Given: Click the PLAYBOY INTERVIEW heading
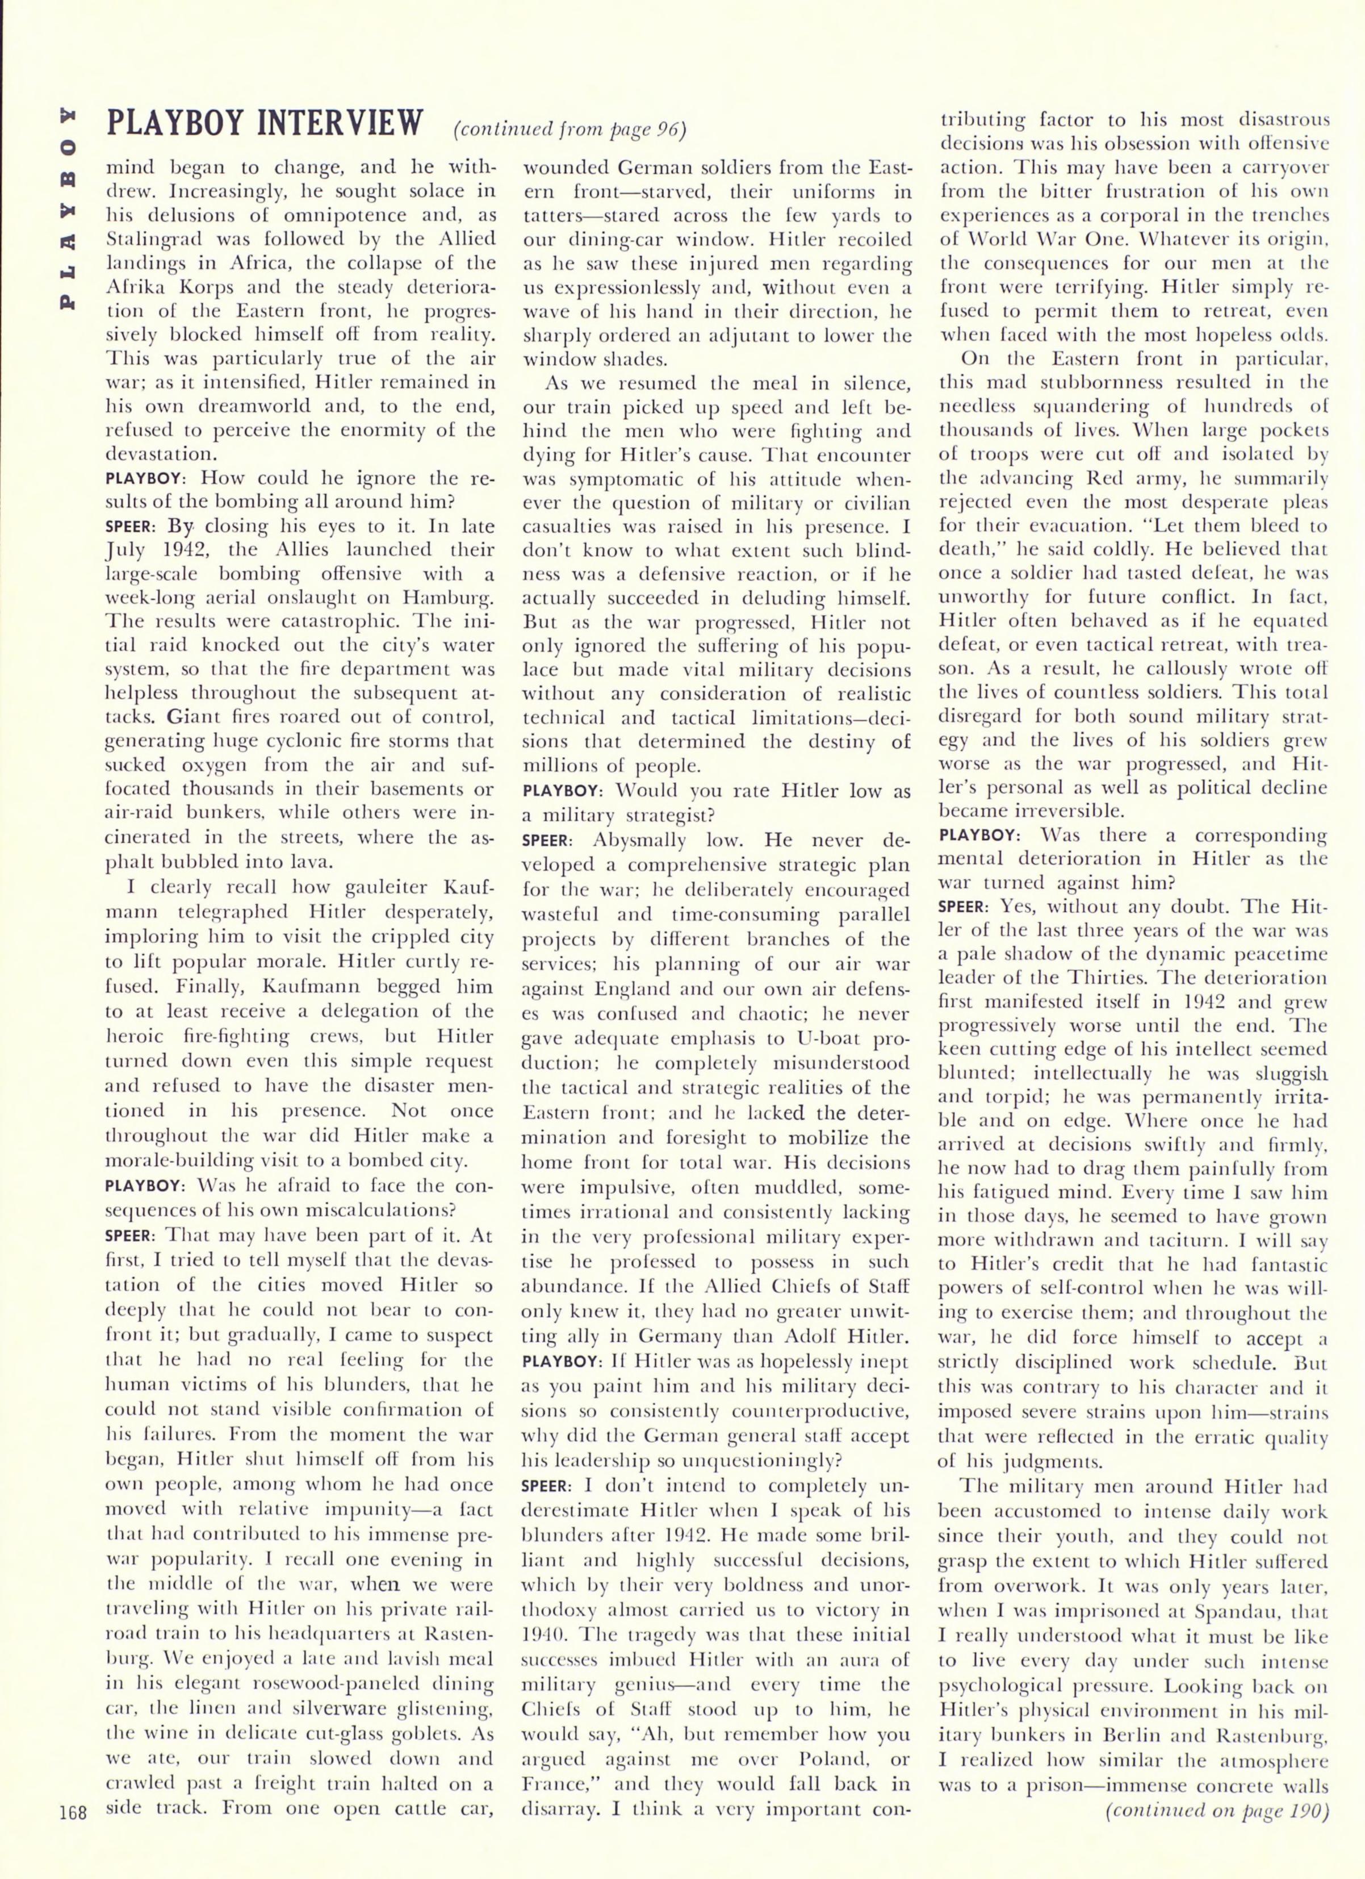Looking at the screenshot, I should click(x=265, y=124).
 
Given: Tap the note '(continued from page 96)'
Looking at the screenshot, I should click(x=571, y=130).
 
